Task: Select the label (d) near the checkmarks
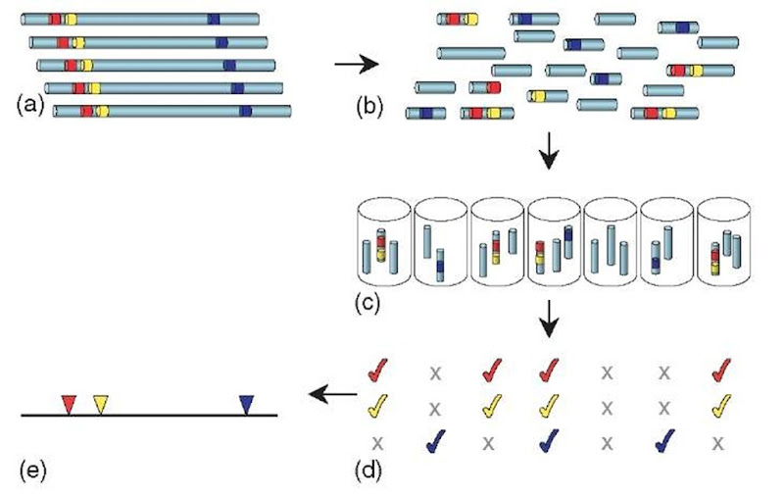coord(367,468)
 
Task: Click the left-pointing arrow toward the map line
coord(328,395)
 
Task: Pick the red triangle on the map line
coord(68,403)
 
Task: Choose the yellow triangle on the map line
coord(101,403)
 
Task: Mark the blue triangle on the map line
coord(246,403)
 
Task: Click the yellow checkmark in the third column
coord(493,406)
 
